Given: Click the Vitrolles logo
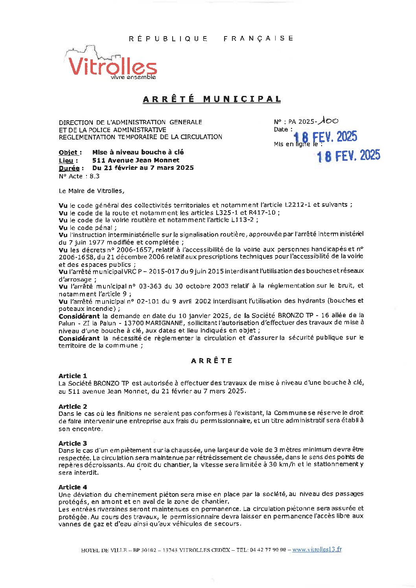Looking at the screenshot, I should tap(112, 66).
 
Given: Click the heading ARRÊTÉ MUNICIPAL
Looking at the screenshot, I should tap(212, 99).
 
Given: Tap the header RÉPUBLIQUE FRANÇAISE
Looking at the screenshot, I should tap(211, 39).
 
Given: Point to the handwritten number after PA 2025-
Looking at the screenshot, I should tap(329, 121).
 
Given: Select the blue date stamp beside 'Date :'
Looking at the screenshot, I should tap(326, 137).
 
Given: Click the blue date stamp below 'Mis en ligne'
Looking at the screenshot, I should tap(348, 156).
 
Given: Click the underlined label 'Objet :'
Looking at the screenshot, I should tap(70, 153).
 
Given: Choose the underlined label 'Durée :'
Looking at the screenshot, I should tap(71, 168).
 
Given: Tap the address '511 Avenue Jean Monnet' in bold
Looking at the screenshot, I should tap(136, 160).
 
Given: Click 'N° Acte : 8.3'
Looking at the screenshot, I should tap(79, 176).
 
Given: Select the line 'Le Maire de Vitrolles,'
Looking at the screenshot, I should tap(91, 191).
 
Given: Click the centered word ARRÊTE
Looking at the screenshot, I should tap(212, 360).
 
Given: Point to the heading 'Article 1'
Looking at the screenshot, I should tap(73, 376).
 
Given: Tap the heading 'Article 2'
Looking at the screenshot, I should tap(73, 406).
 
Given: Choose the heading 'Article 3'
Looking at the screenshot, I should tap(73, 443).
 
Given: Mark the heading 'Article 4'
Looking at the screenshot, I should tap(73, 487).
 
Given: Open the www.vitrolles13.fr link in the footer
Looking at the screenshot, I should tap(317, 549).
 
